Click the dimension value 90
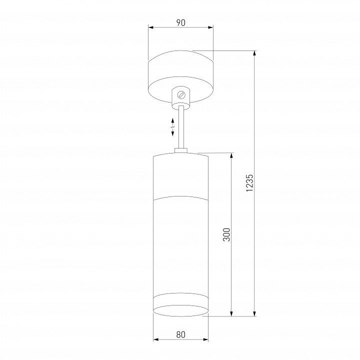pyautogui.click(x=180, y=22)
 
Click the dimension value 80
pyautogui.click(x=180, y=334)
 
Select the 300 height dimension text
pyautogui.click(x=226, y=234)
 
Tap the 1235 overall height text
pyautogui.click(x=249, y=183)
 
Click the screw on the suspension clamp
pyautogui.click(x=181, y=95)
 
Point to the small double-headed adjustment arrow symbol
pyautogui.click(x=173, y=127)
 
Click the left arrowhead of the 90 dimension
pyautogui.click(x=151, y=27)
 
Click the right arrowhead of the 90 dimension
pyautogui.click(x=210, y=27)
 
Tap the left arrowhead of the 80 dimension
pyautogui.click(x=156, y=339)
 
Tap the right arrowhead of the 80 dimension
pyautogui.click(x=205, y=339)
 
